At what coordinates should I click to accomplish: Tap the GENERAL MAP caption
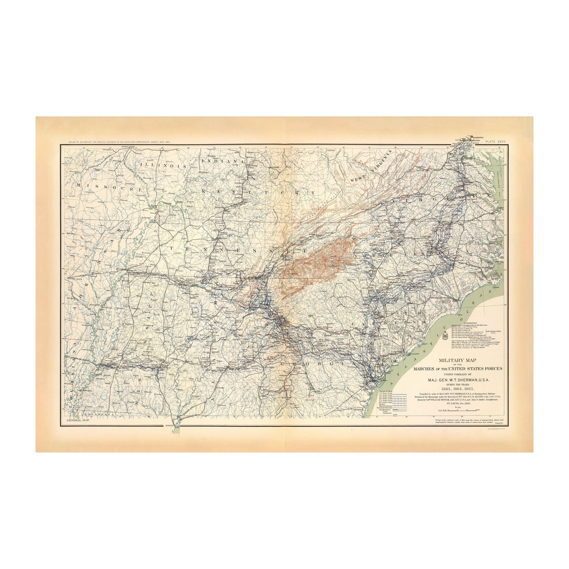[76, 421]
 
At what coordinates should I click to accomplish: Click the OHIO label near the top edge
[330, 151]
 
